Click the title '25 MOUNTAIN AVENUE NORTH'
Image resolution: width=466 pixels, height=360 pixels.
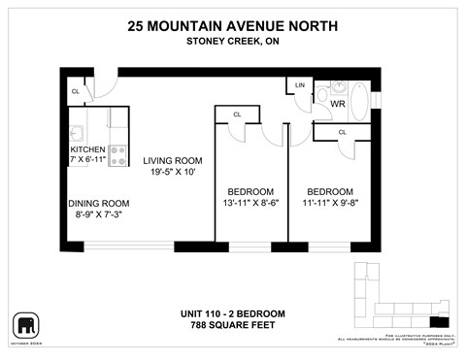tap(232, 26)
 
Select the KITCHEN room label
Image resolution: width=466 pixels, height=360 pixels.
tap(88, 148)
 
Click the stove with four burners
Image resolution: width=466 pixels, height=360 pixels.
tap(117, 154)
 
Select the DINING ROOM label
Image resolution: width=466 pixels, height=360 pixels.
tap(98, 203)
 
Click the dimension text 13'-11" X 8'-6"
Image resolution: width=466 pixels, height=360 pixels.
tap(250, 203)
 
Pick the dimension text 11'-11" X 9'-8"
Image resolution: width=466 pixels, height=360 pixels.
tap(330, 203)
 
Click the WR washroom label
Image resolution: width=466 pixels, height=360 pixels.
tap(338, 102)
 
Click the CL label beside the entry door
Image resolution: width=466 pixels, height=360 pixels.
tap(75, 92)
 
